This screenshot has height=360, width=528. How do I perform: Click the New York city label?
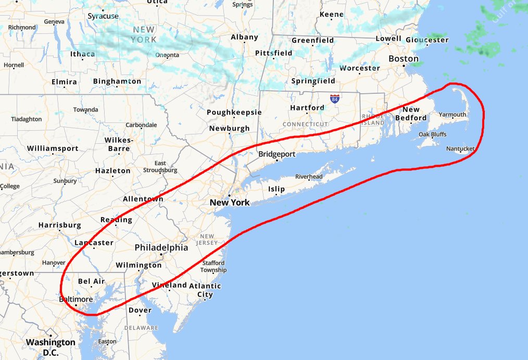point(230,202)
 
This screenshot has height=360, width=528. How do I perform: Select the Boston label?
point(404,59)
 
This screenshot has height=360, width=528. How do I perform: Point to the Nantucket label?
point(460,149)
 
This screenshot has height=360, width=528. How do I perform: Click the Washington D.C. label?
point(51,347)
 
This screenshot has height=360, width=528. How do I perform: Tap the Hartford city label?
point(307,108)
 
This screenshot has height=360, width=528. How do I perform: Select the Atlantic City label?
point(205,290)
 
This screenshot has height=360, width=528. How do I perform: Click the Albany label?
point(244,37)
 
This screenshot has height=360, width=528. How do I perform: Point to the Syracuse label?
point(103,16)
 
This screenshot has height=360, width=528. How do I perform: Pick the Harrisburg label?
point(59,225)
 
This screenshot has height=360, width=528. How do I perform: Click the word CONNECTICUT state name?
point(306,124)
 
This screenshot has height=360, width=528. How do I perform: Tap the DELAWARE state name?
point(141,328)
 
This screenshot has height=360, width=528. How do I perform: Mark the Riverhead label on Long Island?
point(309,177)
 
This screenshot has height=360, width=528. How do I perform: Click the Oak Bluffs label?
point(432,134)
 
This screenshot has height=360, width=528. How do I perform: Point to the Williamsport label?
point(53,148)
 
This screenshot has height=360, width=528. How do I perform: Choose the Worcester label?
point(359,68)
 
